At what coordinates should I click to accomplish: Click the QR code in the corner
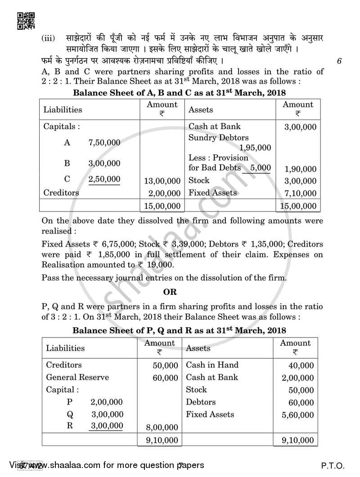pos(25,20)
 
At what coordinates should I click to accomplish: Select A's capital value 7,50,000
pos(104,143)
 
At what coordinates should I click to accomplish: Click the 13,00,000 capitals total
pos(162,181)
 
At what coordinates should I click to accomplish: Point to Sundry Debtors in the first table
pos(218,138)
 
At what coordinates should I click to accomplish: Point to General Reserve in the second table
pos(77,377)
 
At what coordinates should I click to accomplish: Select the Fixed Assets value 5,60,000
pos(297,415)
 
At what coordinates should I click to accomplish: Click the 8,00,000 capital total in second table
pos(162,427)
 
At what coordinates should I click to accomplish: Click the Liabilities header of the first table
pos(63,109)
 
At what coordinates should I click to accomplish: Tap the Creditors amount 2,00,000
pos(164,193)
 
